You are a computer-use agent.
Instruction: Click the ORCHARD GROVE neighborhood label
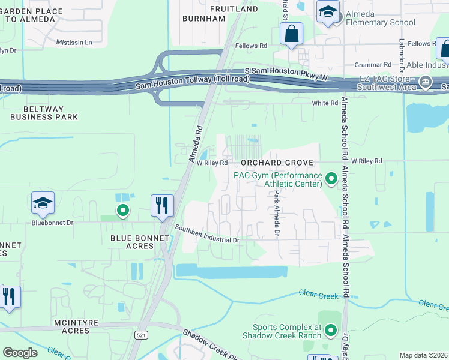(x=277, y=163)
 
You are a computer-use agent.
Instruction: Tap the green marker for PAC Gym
(x=330, y=179)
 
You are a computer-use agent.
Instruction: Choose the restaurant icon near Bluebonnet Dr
(x=161, y=206)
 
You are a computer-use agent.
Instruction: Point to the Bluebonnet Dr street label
(x=52, y=222)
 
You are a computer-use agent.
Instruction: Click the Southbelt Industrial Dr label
(x=207, y=234)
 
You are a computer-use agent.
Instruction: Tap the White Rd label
(x=325, y=103)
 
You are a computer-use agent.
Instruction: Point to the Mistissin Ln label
(x=74, y=43)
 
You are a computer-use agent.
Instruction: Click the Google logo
(x=20, y=353)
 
